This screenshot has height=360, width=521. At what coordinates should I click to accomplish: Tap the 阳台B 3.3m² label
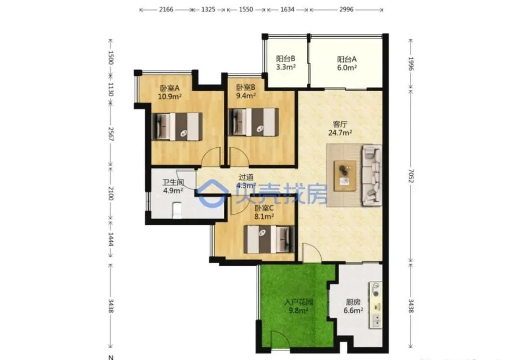(286, 62)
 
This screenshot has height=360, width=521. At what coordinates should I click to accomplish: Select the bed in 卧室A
(177, 126)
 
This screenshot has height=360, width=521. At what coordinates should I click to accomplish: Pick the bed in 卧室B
(253, 122)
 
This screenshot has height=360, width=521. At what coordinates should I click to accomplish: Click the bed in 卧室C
(269, 239)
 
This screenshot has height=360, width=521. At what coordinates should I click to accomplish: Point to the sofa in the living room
(372, 175)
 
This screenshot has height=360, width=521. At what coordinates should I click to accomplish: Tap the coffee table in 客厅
(345, 176)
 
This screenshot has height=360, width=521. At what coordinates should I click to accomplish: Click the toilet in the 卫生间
(177, 210)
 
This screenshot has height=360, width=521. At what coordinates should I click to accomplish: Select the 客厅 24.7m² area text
(340, 128)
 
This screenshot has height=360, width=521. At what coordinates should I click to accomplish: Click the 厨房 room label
(353, 302)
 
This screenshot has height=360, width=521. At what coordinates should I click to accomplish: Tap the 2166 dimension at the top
(166, 9)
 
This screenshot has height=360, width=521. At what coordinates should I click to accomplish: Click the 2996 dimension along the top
(346, 9)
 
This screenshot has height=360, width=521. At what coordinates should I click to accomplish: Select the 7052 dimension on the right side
(411, 176)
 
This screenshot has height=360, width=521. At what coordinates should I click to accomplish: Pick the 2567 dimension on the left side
(111, 134)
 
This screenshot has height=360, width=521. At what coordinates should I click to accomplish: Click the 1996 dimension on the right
(411, 64)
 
